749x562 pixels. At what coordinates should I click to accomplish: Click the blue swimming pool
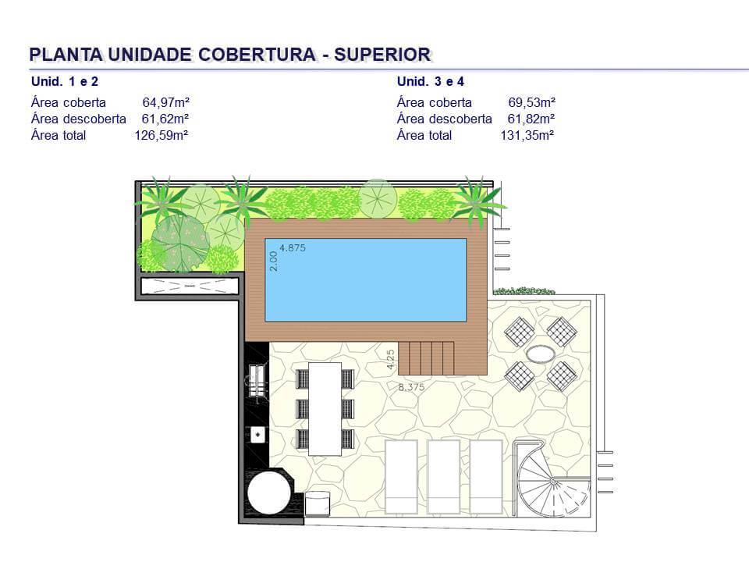(x=365, y=280)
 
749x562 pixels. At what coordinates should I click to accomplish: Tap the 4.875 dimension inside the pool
(x=293, y=248)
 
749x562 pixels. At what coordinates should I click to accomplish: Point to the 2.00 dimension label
(x=273, y=261)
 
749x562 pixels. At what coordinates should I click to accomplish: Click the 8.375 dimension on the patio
(x=411, y=387)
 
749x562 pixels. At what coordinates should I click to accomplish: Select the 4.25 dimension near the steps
(x=391, y=359)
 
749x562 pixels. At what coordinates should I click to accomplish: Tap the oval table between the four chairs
(x=540, y=354)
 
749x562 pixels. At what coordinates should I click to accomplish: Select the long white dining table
(x=325, y=409)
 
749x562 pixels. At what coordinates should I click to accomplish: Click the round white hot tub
(x=269, y=493)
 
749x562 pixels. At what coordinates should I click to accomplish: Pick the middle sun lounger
(x=443, y=476)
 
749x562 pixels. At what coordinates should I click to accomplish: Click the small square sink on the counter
(x=258, y=435)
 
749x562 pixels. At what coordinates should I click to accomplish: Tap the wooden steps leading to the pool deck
(x=426, y=358)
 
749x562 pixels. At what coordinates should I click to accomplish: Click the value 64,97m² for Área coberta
(x=165, y=102)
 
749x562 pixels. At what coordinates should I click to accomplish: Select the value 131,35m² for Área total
(x=527, y=135)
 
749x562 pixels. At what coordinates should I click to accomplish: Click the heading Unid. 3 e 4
(x=431, y=81)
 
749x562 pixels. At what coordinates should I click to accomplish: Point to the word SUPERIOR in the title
(x=382, y=55)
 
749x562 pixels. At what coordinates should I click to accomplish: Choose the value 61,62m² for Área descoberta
(x=165, y=119)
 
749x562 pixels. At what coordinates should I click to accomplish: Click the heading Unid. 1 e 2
(x=65, y=81)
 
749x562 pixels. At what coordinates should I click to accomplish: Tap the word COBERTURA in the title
(x=257, y=55)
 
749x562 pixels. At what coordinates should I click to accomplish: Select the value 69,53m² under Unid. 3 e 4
(x=531, y=102)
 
